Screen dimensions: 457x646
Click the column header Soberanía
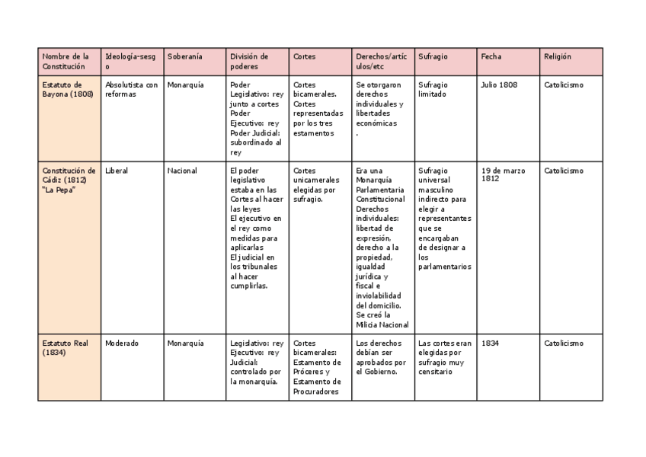click(x=184, y=56)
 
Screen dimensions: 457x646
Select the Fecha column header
click(x=491, y=56)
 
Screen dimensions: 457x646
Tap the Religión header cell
click(x=558, y=56)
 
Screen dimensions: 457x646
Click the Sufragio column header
click(x=433, y=56)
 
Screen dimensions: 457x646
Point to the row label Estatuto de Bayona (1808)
click(x=68, y=89)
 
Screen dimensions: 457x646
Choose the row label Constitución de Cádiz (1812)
click(x=69, y=180)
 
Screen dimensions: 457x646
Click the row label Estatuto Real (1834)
click(x=66, y=347)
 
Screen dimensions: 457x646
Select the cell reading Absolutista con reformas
click(x=131, y=89)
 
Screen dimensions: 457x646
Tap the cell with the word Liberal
click(x=117, y=171)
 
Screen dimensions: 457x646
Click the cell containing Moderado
click(x=122, y=343)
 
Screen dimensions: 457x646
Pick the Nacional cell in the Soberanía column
click(x=182, y=171)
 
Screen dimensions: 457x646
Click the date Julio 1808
click(x=499, y=85)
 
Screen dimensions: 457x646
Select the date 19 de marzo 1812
click(x=503, y=174)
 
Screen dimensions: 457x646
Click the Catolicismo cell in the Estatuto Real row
click(x=564, y=343)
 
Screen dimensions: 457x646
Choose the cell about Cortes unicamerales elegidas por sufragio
click(x=314, y=185)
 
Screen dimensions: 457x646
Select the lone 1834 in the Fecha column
click(x=490, y=343)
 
